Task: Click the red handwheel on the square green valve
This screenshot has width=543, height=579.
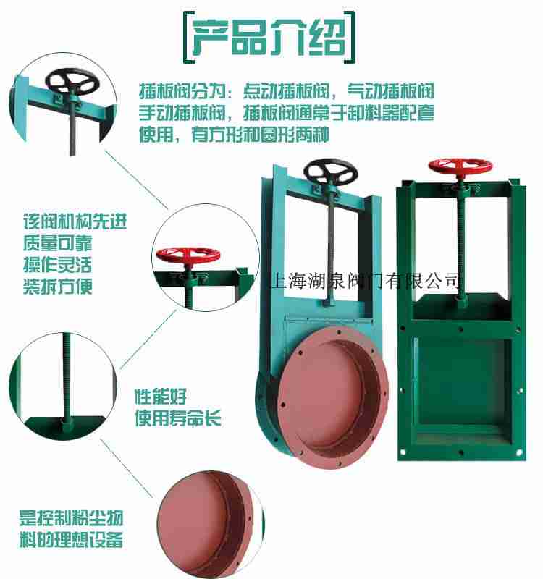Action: click(x=457, y=166)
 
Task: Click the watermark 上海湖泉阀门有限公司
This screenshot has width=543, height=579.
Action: click(x=364, y=279)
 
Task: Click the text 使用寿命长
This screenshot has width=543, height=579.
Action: click(x=178, y=418)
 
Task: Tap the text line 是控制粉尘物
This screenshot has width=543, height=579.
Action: click(x=71, y=518)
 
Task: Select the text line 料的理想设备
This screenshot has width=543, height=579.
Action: click(x=71, y=540)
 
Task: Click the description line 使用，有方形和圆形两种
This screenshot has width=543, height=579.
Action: click(x=234, y=135)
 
